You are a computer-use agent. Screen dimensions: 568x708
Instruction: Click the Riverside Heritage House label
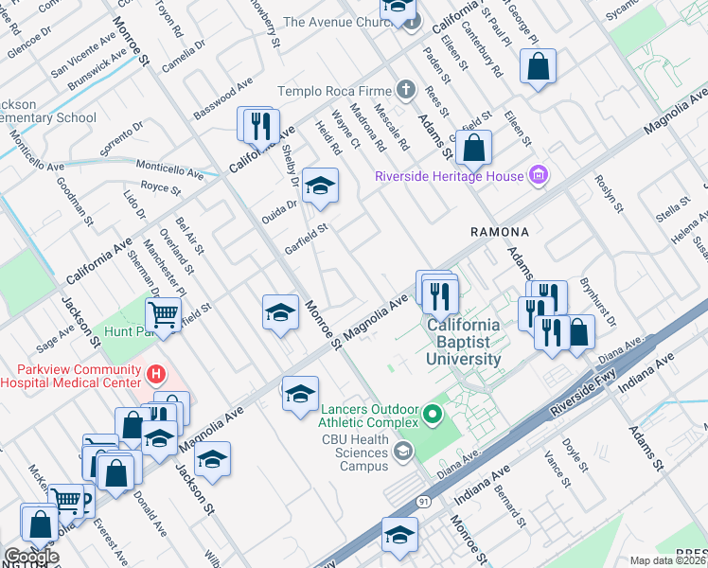(449, 176)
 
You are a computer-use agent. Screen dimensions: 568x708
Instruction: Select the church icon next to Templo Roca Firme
(406, 91)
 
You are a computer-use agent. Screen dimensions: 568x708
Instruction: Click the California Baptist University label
(464, 343)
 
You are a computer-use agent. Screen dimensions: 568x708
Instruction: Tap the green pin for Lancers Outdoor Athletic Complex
(433, 414)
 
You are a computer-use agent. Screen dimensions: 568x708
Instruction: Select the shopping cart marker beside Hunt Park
(163, 314)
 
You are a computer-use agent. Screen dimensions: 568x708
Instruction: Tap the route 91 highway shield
(422, 504)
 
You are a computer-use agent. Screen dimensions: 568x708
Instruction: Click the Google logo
(31, 556)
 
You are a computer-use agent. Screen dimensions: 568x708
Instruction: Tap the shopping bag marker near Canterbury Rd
(538, 65)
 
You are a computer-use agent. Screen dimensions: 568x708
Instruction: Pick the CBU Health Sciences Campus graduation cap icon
(404, 451)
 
